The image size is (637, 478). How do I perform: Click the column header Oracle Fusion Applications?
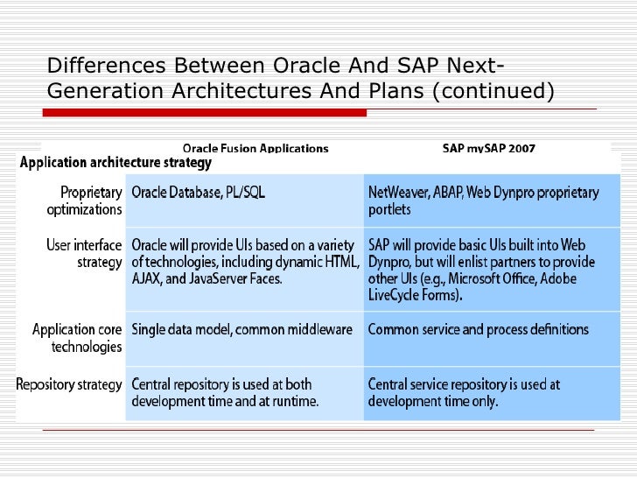coord(255,148)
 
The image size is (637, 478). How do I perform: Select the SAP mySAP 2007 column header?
coord(488,148)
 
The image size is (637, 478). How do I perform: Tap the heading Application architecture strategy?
coord(115,163)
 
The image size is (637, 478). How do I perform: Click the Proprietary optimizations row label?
coord(84,200)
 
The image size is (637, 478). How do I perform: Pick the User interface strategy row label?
coord(84,254)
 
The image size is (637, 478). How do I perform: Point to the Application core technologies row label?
coord(77,338)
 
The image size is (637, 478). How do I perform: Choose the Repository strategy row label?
coord(70,384)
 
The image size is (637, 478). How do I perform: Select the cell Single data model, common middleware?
coord(241,330)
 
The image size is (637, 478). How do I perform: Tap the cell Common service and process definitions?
coord(478,330)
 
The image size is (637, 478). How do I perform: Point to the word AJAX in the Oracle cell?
coord(149,278)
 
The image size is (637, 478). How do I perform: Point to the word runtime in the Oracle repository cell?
coord(291,402)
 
